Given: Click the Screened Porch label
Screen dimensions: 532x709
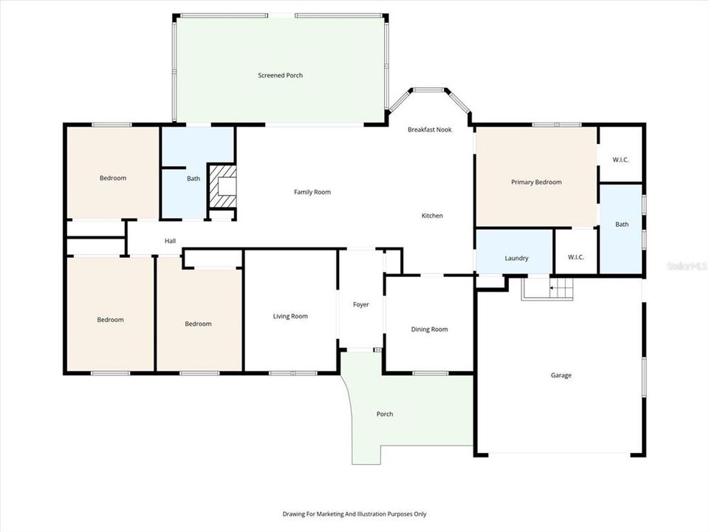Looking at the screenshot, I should tap(280, 75).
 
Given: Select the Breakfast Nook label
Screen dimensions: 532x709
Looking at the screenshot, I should tap(429, 130).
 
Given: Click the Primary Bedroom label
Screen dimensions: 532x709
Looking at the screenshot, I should tap(536, 183).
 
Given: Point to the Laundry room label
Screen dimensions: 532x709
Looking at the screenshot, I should tap(516, 259).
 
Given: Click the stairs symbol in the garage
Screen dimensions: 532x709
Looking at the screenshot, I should tap(549, 288).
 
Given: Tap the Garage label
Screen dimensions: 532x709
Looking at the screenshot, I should tap(561, 375).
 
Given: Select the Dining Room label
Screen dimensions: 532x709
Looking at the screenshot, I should tap(429, 330).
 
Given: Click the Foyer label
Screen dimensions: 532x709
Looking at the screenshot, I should tap(360, 304).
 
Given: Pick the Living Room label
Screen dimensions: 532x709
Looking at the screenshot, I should tap(290, 316).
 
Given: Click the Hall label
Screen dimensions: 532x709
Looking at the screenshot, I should tap(170, 241).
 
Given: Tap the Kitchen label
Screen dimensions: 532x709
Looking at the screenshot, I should tap(432, 216).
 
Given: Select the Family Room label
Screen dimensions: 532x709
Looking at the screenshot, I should tap(312, 192).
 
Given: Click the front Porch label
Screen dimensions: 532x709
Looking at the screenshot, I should tap(385, 414).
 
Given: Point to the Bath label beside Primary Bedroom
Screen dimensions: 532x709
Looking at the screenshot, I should tap(622, 225).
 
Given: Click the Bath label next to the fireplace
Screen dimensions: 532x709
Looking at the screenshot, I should tap(193, 179).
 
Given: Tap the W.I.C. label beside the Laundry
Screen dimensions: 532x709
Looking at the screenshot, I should tap(576, 257).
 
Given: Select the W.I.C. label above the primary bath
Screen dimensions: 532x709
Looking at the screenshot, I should tap(620, 160).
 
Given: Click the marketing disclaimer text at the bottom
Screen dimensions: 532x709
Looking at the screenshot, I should tap(354, 514).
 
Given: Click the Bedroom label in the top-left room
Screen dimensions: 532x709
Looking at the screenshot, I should tap(113, 178).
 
